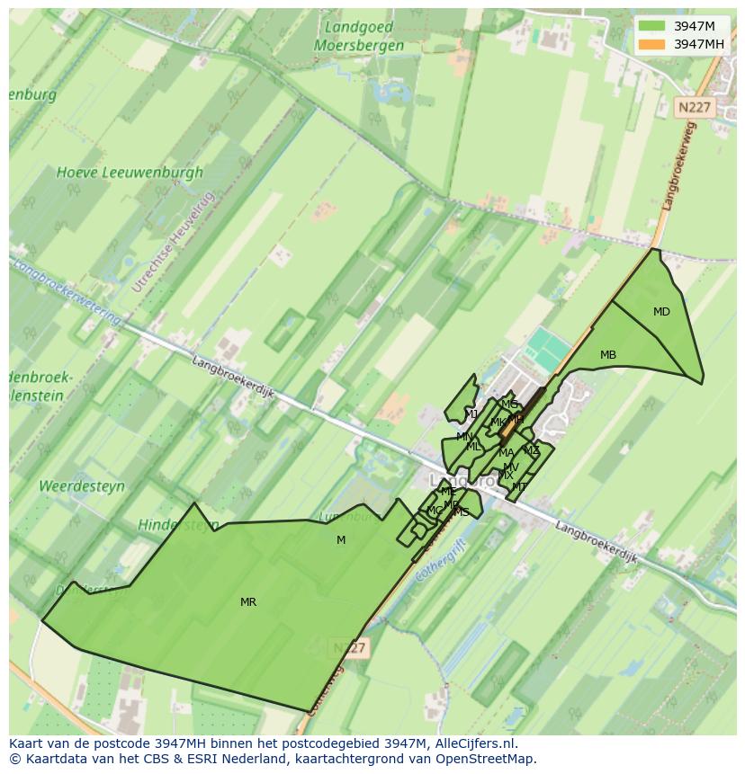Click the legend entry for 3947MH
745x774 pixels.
click(x=698, y=43)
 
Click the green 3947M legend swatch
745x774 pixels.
click(x=652, y=26)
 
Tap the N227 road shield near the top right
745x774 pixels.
click(x=694, y=107)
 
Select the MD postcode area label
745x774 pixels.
click(x=661, y=312)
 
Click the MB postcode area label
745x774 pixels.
click(x=608, y=355)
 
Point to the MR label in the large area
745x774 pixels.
click(x=248, y=602)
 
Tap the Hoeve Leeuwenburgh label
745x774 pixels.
click(x=130, y=172)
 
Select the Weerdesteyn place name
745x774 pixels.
click(x=82, y=486)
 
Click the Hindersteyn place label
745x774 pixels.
click(x=178, y=524)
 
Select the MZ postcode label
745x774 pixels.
click(x=532, y=450)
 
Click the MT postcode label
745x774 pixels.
click(x=519, y=487)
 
